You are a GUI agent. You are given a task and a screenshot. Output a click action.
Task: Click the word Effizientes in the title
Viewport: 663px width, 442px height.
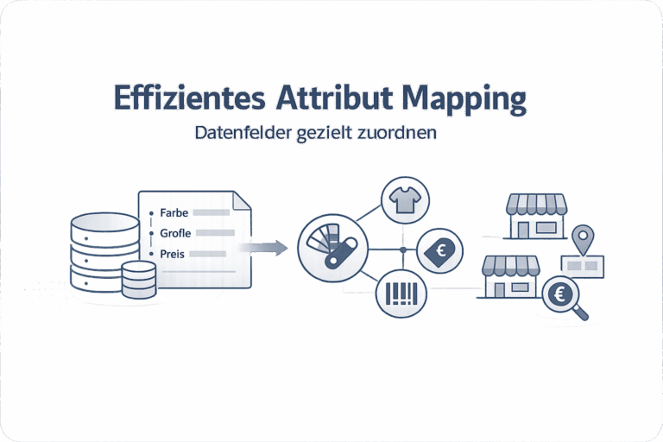tap(189, 98)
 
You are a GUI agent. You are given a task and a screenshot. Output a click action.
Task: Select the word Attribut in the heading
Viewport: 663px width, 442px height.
tap(335, 98)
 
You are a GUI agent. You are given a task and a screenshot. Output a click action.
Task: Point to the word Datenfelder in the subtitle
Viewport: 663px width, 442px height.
tap(243, 132)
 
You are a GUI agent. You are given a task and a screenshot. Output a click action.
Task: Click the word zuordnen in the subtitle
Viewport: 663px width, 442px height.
tap(396, 132)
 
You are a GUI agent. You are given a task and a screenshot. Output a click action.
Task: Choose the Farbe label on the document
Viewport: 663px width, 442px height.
tap(174, 212)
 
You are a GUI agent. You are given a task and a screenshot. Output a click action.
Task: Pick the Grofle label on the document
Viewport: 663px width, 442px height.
tap(175, 233)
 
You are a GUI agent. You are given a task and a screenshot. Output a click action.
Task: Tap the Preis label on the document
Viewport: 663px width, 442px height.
tap(172, 254)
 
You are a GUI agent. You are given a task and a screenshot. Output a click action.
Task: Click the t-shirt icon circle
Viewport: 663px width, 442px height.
tap(405, 200)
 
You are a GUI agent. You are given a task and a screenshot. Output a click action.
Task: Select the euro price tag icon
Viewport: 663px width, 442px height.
tap(439, 252)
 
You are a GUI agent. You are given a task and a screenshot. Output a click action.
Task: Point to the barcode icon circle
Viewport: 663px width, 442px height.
tap(401, 294)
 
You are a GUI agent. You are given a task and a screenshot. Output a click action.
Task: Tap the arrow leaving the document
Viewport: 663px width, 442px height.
tap(263, 248)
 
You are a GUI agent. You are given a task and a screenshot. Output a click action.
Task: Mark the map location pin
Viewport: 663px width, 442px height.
tap(583, 239)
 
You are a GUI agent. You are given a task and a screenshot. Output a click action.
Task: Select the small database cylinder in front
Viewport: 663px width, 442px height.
tap(139, 280)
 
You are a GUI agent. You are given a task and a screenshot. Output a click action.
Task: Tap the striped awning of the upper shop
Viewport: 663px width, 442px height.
tap(537, 204)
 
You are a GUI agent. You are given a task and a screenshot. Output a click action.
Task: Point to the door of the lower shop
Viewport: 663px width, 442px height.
tap(499, 290)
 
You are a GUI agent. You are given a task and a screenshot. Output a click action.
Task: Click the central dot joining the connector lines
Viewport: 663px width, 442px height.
tap(403, 250)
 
